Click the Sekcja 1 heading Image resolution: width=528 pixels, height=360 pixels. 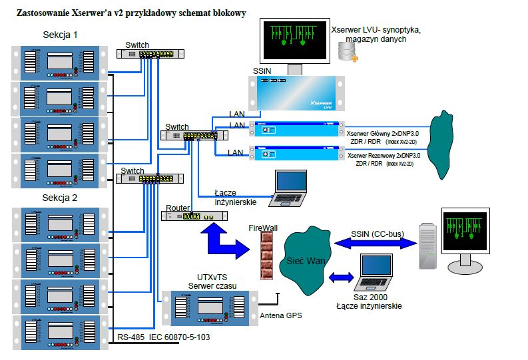click(x=60, y=35)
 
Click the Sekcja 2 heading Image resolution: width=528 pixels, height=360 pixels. click(x=60, y=198)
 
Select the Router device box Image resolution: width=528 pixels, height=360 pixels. click(x=194, y=216)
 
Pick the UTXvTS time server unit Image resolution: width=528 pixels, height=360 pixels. click(x=210, y=308)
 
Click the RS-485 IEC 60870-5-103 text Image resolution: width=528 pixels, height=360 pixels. click(x=164, y=337)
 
